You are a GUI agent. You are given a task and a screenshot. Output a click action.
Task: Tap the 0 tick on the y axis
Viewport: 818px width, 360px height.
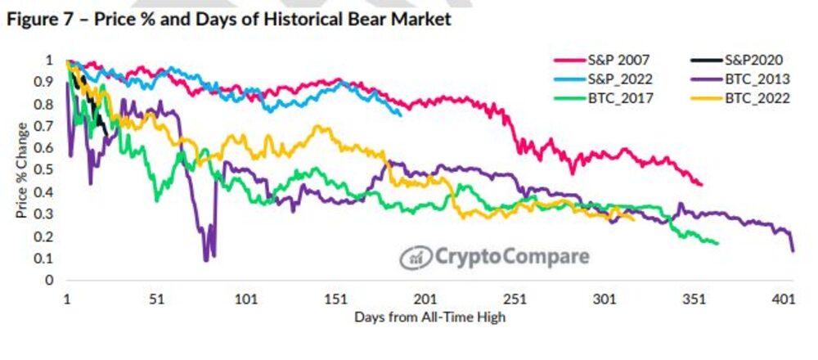point(49,281)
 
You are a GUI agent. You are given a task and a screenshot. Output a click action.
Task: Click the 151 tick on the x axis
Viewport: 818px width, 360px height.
point(336,299)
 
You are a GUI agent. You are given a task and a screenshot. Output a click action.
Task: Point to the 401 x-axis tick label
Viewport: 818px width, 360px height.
point(784,299)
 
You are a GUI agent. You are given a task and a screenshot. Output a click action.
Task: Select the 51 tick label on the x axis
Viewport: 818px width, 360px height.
point(157,299)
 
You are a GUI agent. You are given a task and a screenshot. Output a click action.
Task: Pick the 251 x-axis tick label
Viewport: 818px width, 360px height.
point(515,299)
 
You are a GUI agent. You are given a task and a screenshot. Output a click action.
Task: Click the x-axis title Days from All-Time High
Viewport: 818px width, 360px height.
point(429,317)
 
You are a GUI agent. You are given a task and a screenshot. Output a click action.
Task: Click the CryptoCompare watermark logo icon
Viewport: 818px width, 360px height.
point(413,257)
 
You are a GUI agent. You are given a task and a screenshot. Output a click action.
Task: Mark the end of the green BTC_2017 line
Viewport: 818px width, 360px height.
point(717,243)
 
